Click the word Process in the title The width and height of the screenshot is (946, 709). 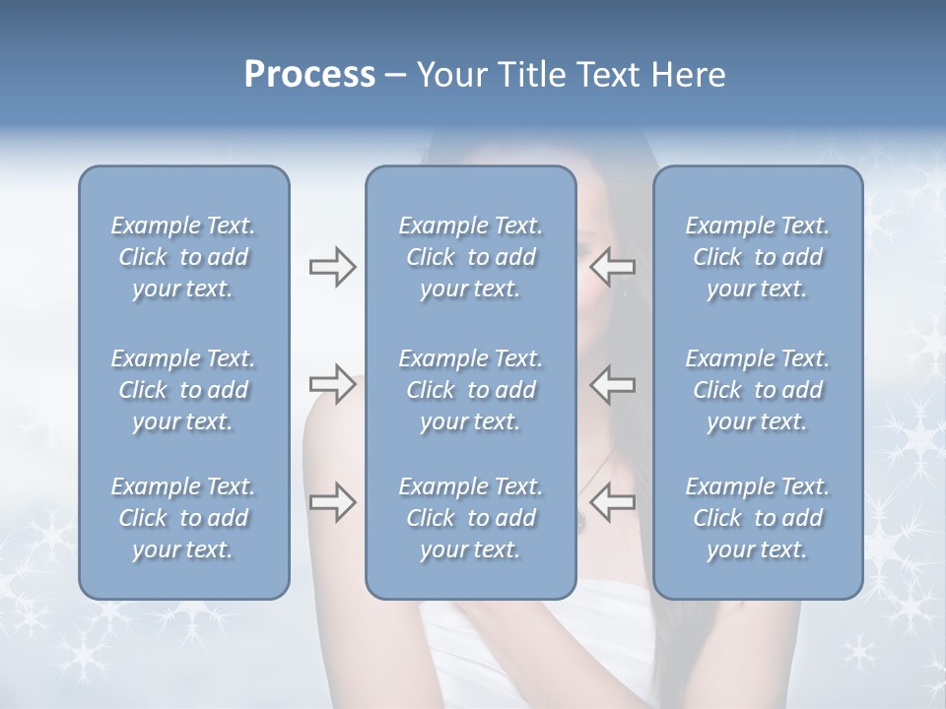[x=309, y=75]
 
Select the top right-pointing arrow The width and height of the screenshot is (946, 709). [x=332, y=267]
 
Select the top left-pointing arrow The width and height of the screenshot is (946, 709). [x=613, y=267]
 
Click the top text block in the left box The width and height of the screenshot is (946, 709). [x=183, y=257]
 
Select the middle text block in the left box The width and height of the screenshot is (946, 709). [x=183, y=390]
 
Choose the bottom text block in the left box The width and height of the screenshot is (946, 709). [x=183, y=518]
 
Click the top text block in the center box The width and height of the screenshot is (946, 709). [x=470, y=257]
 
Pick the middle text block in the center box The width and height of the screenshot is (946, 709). [x=470, y=390]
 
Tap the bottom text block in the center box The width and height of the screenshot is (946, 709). [x=470, y=518]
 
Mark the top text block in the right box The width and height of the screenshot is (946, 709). [x=757, y=257]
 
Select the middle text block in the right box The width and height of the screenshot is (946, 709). [x=757, y=390]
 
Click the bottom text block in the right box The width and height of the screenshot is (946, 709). [x=757, y=518]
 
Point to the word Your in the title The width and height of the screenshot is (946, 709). [x=447, y=75]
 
